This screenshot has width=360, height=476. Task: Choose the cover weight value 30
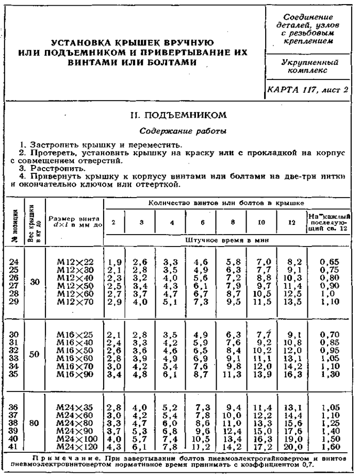tap(34, 282)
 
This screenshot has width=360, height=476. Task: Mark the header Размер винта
tap(75, 218)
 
